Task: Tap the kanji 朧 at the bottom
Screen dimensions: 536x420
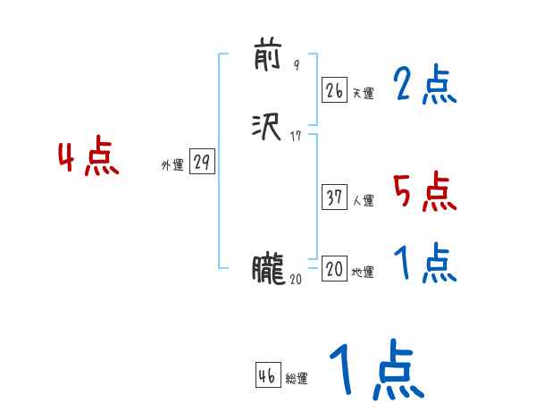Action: pyautogui.click(x=268, y=269)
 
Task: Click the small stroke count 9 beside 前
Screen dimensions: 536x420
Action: pyautogui.click(x=296, y=65)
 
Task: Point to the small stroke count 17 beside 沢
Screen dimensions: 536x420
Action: pyautogui.click(x=296, y=137)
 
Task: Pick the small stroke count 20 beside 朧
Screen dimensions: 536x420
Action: pyautogui.click(x=297, y=279)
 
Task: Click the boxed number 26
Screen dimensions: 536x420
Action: pyautogui.click(x=334, y=90)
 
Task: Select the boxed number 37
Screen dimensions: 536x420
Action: pyautogui.click(x=334, y=198)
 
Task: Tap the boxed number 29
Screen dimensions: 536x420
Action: pyautogui.click(x=203, y=163)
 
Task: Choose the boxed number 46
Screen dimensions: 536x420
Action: pyautogui.click(x=266, y=376)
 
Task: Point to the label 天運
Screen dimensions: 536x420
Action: pyautogui.click(x=363, y=93)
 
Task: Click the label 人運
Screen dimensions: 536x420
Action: pyautogui.click(x=363, y=201)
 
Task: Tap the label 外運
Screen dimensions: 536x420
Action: pyautogui.click(x=172, y=165)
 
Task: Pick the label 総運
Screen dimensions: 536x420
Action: pyautogui.click(x=297, y=379)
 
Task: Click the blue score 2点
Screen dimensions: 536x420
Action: pyautogui.click(x=424, y=86)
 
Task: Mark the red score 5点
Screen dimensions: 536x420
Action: pyautogui.click(x=424, y=191)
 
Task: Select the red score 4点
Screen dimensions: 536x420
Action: pyautogui.click(x=88, y=158)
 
